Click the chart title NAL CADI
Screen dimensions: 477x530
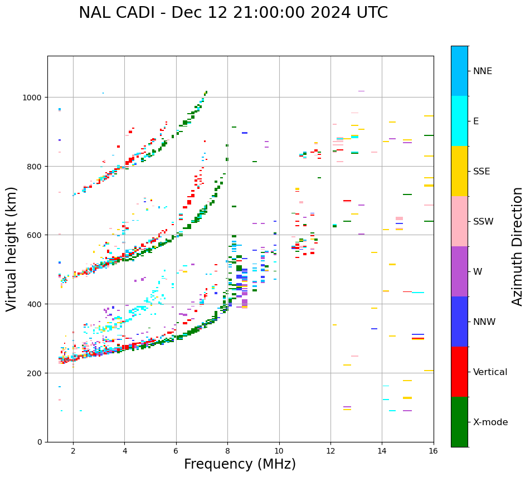pos(233,13)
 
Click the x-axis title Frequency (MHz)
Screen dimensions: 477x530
pos(240,464)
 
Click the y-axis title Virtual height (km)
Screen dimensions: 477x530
pos(12,249)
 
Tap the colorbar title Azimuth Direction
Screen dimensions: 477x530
pos(518,246)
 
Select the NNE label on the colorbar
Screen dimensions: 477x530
pos(483,71)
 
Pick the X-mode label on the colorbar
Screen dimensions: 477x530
pos(490,422)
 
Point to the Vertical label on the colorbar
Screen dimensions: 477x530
pos(490,372)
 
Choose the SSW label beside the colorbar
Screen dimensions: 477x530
pos(483,222)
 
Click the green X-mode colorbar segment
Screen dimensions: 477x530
pos(459,422)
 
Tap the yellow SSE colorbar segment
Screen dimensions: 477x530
pos(459,171)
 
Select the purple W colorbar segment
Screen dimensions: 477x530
pos(459,271)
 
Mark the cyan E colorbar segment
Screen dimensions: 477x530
pos(459,121)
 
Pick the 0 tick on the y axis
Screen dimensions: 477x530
pos(40,442)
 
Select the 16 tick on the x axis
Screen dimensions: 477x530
pos(433,451)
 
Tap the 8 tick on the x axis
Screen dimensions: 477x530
pos(227,451)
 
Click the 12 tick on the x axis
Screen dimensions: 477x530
pos(330,451)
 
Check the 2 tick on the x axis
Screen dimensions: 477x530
pos(73,451)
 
